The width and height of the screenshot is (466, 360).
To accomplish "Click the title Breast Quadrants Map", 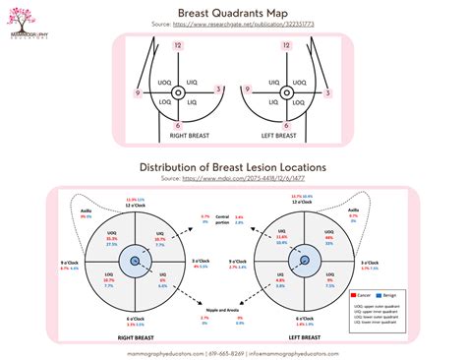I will point(233,12).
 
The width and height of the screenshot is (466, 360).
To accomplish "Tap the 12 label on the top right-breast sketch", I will point(178,46).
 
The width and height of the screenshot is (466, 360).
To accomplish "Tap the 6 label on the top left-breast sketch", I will point(291,126).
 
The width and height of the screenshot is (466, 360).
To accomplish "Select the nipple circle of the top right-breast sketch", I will point(178,92).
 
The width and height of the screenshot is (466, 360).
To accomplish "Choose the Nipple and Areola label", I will point(222,308).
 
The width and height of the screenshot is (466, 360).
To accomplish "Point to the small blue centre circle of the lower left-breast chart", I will point(304,259).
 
